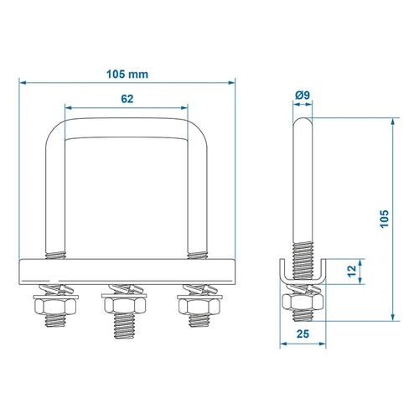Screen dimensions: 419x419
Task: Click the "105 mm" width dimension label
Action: pos(127,73)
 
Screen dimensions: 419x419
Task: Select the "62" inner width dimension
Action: pos(127,98)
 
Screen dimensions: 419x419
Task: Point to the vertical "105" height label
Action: pos(382,220)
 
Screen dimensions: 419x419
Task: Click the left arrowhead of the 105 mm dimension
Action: pos(23,82)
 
